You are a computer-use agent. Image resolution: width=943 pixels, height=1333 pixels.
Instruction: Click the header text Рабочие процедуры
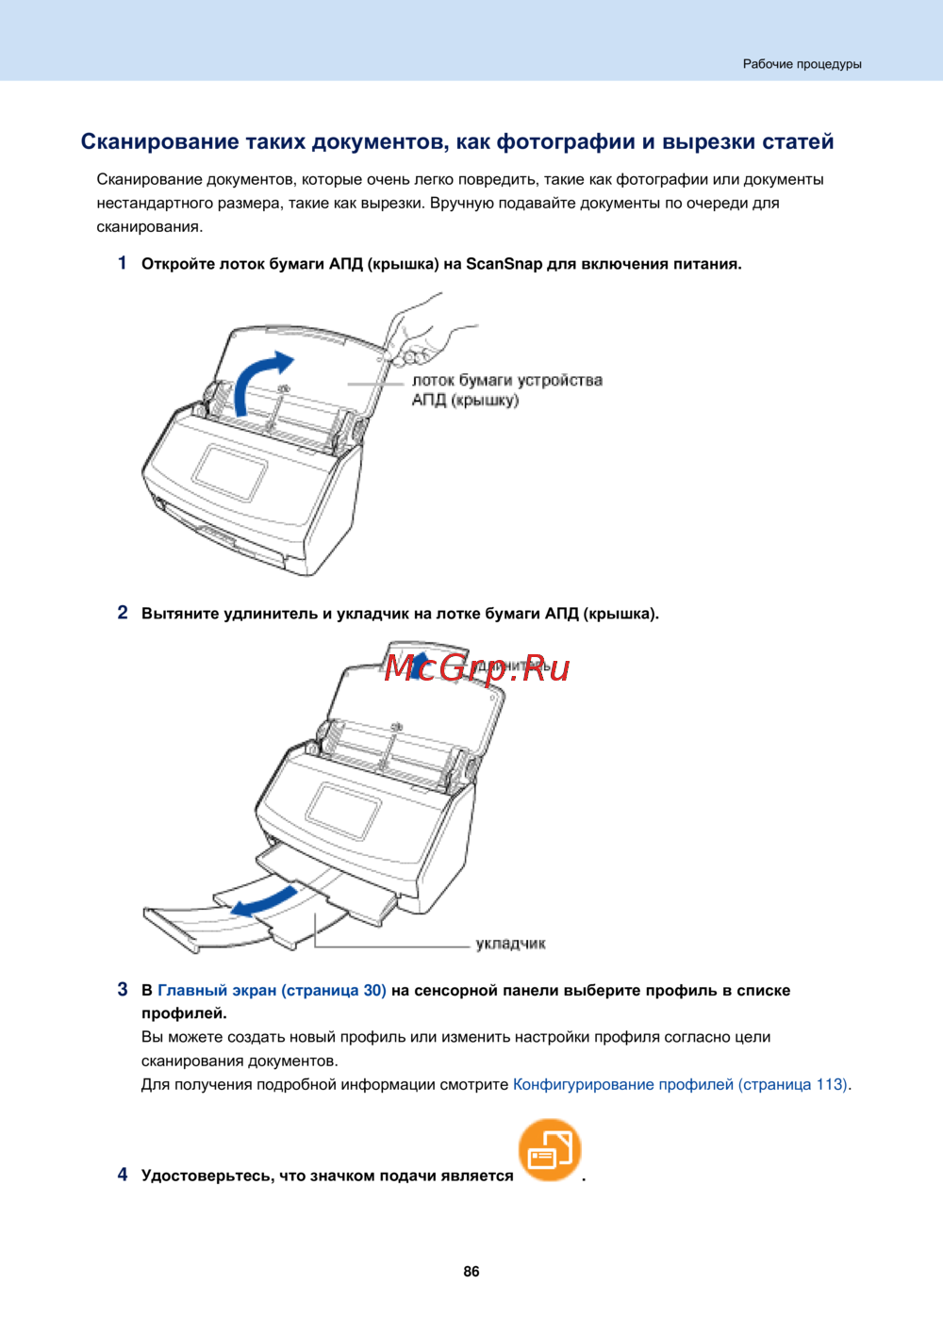[x=802, y=64]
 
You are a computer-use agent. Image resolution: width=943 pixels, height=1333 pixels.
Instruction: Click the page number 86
[x=471, y=1272]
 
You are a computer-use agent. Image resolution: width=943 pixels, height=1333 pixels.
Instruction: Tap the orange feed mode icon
[x=550, y=1150]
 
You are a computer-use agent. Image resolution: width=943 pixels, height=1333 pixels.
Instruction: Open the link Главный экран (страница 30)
[x=272, y=991]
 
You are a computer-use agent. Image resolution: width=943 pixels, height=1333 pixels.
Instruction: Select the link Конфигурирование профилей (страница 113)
[x=680, y=1085]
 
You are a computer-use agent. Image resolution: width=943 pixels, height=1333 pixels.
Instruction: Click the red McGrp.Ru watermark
[x=477, y=667]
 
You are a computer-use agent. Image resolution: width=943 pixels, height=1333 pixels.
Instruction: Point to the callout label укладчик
[x=510, y=944]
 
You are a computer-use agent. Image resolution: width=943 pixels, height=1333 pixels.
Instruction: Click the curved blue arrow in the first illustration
[x=258, y=381]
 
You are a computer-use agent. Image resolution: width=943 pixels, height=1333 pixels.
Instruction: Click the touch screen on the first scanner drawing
[x=230, y=471]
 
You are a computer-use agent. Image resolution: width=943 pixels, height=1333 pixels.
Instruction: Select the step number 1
[x=123, y=263]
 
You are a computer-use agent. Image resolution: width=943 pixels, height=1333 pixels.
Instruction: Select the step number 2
[x=123, y=613]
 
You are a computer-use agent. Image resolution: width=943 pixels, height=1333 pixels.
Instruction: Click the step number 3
[x=123, y=990]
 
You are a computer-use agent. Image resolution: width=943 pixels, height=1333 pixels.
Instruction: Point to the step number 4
[x=123, y=1175]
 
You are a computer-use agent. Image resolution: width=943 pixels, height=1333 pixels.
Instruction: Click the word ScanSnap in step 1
[x=504, y=264]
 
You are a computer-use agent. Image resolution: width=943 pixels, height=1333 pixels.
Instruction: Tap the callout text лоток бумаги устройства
[x=506, y=381]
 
